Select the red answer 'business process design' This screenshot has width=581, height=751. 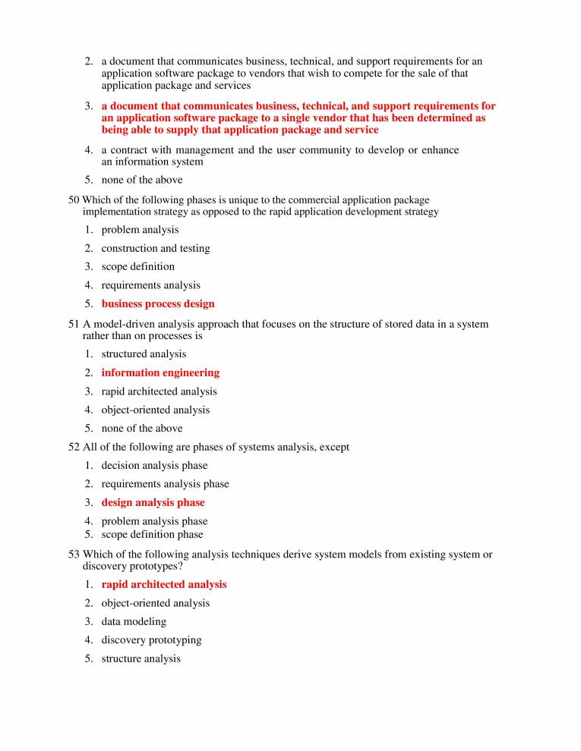pos(157,304)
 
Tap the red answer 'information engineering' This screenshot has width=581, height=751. pos(160,373)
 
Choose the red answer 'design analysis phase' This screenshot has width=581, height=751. pos(153,503)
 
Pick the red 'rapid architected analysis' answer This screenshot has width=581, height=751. pos(163,585)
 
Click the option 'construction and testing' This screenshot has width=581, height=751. pos(156,249)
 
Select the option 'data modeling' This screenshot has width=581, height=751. pos(134,622)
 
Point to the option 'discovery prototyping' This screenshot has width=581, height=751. pos(151,640)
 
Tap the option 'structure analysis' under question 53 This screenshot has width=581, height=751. pos(141,659)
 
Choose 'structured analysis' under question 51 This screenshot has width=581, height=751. pos(144,354)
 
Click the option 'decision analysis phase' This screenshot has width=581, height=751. pos(154,466)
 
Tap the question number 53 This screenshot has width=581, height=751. pos(74,555)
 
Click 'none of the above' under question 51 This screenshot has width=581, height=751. pos(142,429)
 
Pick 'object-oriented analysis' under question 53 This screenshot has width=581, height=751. pos(156,604)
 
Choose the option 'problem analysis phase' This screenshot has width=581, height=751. pos(154,521)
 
